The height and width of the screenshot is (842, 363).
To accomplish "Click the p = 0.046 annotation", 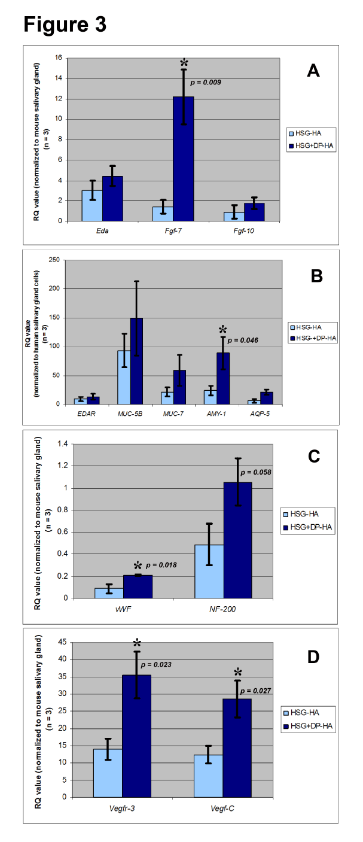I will (257, 340).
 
